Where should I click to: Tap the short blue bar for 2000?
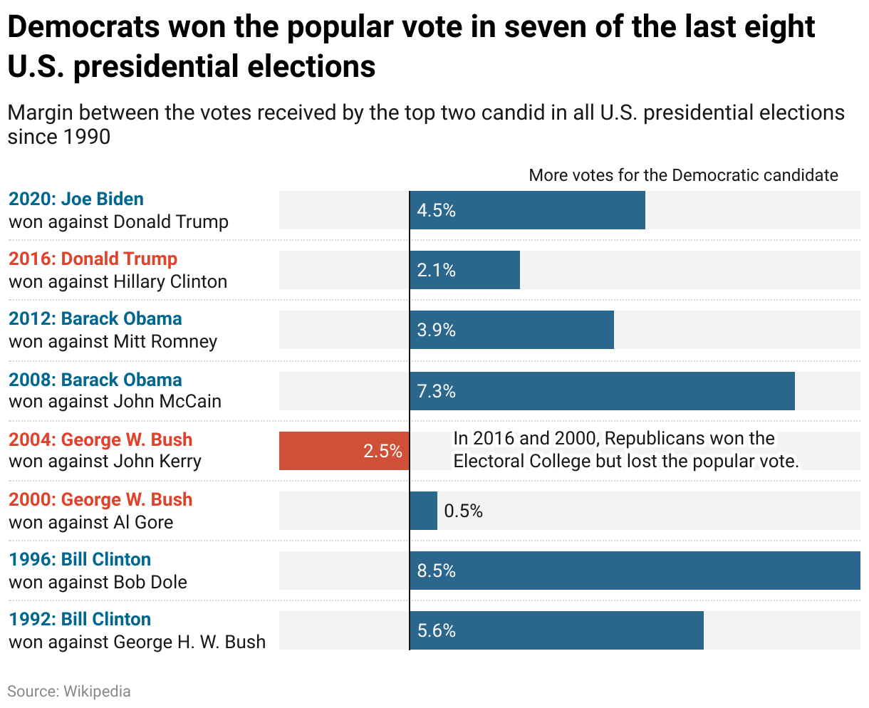(x=424, y=511)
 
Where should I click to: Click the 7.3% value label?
(x=436, y=391)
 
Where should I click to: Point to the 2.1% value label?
(x=436, y=270)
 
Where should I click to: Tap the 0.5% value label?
(x=463, y=511)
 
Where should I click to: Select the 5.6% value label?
(x=436, y=630)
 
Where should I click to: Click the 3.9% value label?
(x=436, y=330)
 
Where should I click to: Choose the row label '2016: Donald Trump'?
(x=93, y=259)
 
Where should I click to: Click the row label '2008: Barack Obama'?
(x=95, y=379)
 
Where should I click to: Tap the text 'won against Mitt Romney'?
(x=113, y=341)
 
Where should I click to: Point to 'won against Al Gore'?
(x=90, y=522)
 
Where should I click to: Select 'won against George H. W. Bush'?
(x=137, y=642)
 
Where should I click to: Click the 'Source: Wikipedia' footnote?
(x=69, y=691)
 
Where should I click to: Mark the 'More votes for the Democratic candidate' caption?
(x=683, y=175)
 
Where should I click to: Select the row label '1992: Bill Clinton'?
(x=80, y=619)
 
